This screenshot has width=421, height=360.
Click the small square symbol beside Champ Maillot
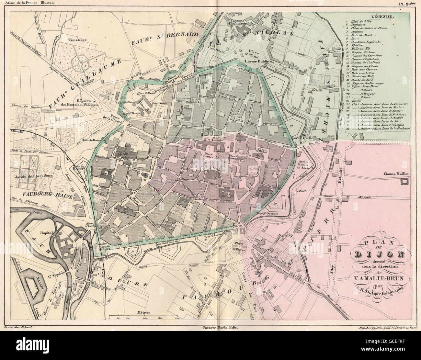coord(404,182)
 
